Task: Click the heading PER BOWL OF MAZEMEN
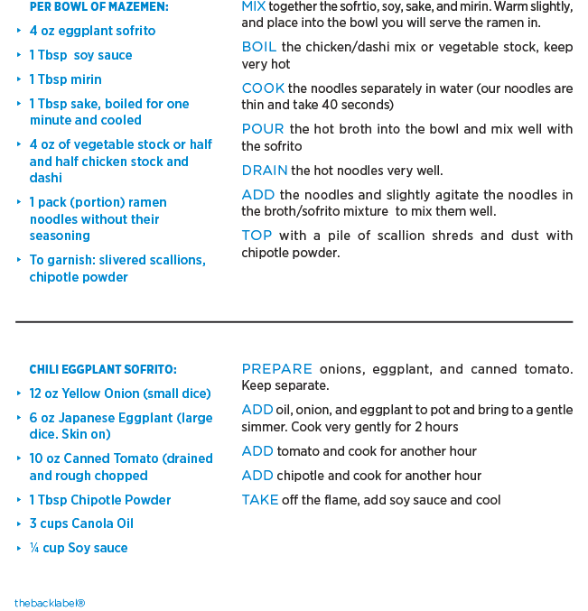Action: click(98, 7)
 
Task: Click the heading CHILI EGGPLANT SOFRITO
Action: click(103, 369)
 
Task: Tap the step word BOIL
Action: click(259, 47)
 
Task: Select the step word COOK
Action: click(263, 88)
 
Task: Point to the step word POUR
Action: click(263, 129)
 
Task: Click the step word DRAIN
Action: click(265, 171)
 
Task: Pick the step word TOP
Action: click(257, 236)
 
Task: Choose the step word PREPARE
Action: click(276, 369)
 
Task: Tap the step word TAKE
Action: click(260, 500)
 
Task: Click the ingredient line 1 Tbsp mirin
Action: click(66, 79)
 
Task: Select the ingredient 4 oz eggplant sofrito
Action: click(92, 31)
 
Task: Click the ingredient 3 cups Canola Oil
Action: click(81, 523)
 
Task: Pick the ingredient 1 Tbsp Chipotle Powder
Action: click(100, 500)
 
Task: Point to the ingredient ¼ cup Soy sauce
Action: click(79, 548)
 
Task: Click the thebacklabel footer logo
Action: click(50, 603)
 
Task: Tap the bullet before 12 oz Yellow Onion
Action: click(19, 393)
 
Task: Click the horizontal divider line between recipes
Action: click(294, 321)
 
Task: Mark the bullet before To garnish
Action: click(19, 260)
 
